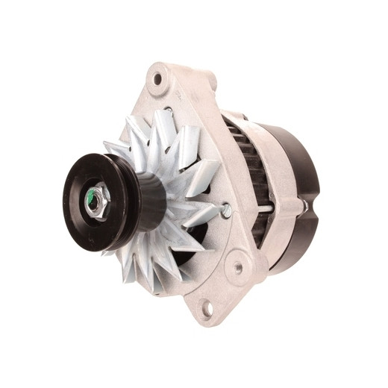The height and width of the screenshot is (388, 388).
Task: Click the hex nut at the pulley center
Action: coord(98,200)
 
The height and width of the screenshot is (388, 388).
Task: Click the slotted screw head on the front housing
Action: coord(225,211)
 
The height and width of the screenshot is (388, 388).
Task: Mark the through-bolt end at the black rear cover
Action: coord(301,204)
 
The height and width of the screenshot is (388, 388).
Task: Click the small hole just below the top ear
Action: coord(169,112)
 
